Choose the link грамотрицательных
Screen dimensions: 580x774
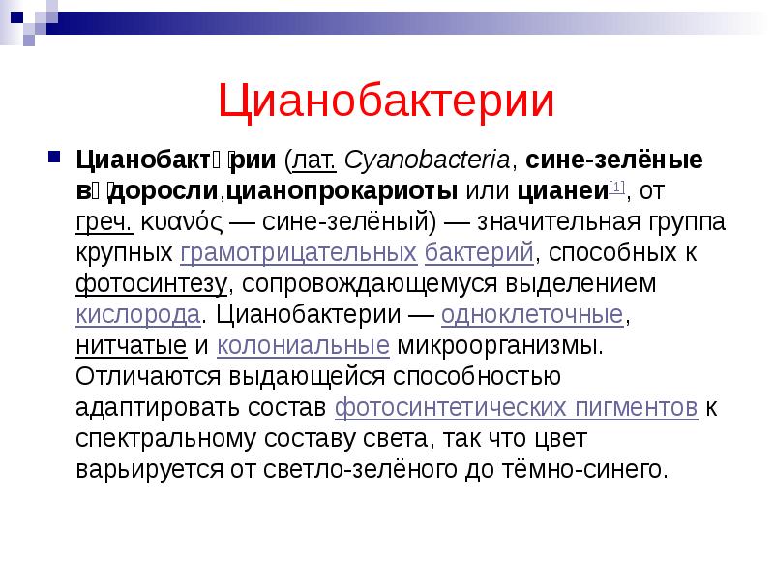299,253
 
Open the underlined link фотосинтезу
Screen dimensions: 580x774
152,285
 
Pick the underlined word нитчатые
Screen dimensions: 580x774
131,347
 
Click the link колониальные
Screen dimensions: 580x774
304,347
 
